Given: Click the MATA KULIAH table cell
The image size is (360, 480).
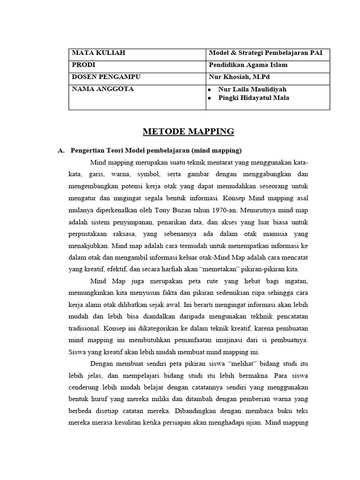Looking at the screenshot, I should tap(98, 53).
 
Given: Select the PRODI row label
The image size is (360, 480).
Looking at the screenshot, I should tap(83, 65).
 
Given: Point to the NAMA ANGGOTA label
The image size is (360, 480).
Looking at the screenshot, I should tap(102, 89).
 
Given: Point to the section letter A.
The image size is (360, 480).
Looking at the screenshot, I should tap(60, 150).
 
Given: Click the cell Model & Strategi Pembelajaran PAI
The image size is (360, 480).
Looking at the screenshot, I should tap(269, 53).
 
